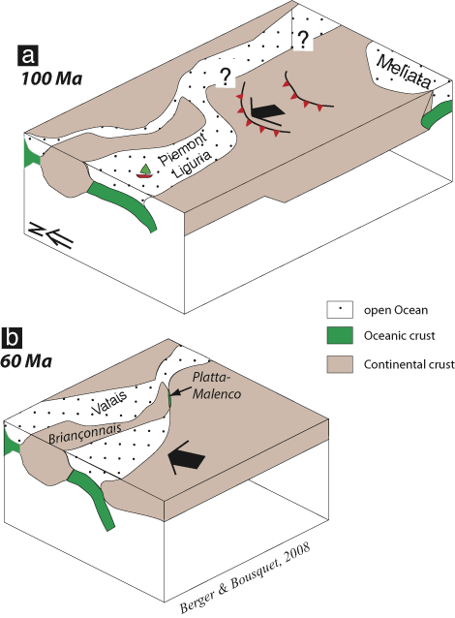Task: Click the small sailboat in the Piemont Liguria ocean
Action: point(144,171)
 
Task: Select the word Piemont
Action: point(182,148)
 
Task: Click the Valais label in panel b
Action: point(109,402)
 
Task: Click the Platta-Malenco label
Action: point(216,386)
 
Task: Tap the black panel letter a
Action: point(28,55)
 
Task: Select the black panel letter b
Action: point(13,338)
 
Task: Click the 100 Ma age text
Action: point(51,78)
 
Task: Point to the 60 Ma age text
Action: point(26,361)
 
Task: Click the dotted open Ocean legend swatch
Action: point(340,310)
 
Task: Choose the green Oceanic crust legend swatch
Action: point(340,335)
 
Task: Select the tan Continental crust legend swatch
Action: point(340,364)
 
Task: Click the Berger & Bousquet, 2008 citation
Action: point(245,578)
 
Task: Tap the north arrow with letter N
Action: point(51,235)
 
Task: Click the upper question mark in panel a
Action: point(303,39)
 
